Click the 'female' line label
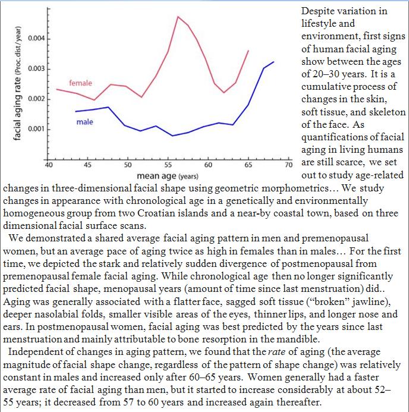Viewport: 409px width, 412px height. tap(80, 83)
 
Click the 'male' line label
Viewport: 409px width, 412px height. tap(84, 122)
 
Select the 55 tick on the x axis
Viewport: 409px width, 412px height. tap(169, 163)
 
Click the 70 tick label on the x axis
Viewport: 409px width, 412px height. tap(289, 163)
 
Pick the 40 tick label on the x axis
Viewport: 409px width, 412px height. tap(48, 163)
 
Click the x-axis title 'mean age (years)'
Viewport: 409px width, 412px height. tap(168, 176)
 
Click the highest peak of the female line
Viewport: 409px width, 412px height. tap(178, 16)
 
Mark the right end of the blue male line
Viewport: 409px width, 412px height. tap(273, 62)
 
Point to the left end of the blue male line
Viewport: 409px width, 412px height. tap(75, 111)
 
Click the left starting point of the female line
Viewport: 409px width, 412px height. tap(56, 89)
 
